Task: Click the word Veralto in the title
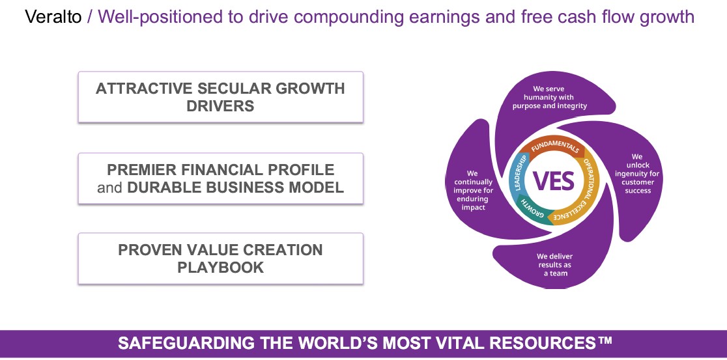click(53, 18)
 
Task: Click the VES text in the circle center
click(554, 181)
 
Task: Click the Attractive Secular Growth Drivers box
click(220, 97)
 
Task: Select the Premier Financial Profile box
click(220, 178)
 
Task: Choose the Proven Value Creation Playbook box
click(220, 258)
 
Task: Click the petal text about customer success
click(637, 174)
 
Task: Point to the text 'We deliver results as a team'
click(555, 264)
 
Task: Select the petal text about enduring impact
click(474, 191)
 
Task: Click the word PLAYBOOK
click(221, 268)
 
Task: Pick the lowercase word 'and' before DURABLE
click(110, 187)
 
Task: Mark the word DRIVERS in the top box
click(220, 105)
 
